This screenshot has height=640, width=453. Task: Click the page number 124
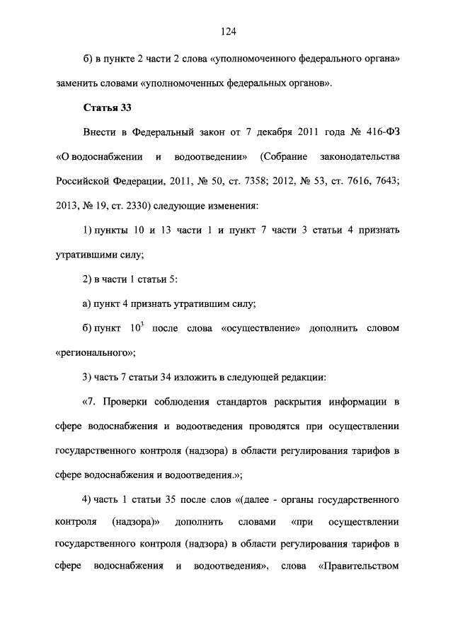(227, 31)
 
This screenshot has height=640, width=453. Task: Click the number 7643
(385, 180)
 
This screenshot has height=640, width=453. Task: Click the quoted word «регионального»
(95, 351)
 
